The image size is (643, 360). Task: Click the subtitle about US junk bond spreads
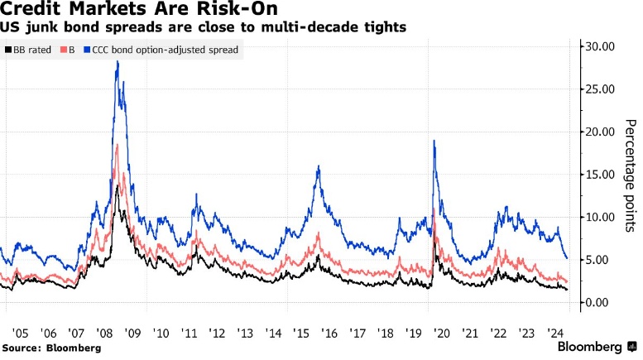(204, 27)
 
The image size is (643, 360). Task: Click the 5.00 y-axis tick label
(602, 260)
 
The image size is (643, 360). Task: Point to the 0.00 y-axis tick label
(602, 303)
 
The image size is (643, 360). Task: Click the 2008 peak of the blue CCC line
(117, 61)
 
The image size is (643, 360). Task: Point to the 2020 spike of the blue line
(434, 142)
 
